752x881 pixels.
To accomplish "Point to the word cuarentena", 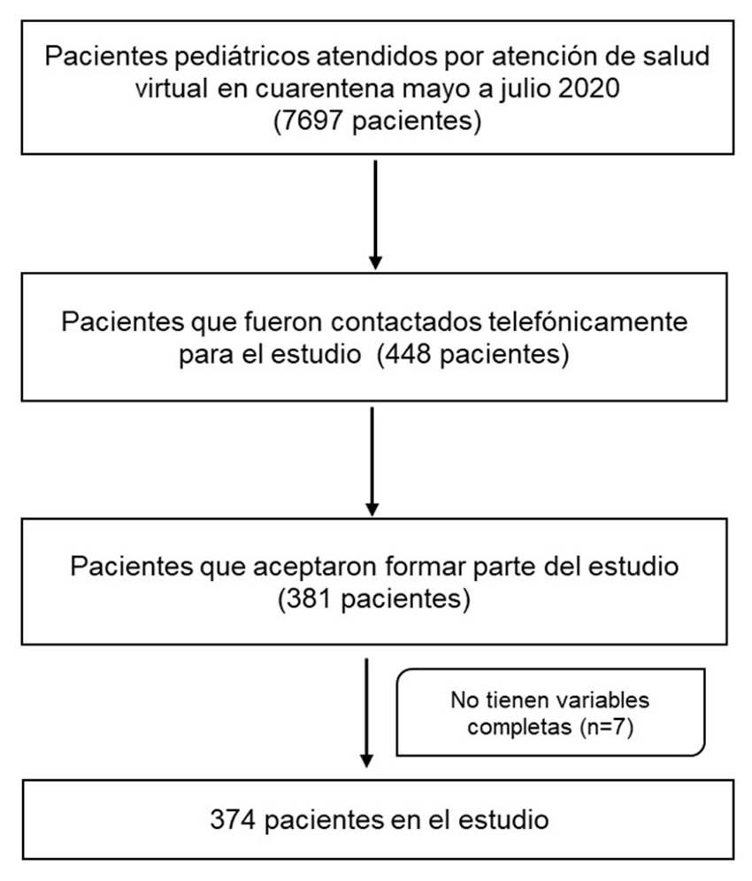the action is click(x=326, y=89).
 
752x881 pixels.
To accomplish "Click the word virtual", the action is click(x=171, y=89).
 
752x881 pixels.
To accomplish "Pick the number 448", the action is click(x=409, y=354).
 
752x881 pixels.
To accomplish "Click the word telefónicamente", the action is click(x=588, y=322).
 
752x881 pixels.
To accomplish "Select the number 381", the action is click(x=311, y=599).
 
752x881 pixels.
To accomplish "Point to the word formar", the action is click(x=426, y=567).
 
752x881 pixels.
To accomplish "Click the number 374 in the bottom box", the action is click(x=233, y=820).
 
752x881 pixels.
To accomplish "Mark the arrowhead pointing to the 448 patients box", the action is click(x=376, y=262).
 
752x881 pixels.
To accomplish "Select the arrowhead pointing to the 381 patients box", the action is click(x=372, y=508).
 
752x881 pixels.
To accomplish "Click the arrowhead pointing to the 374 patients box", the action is click(x=366, y=761).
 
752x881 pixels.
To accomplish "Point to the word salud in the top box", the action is click(x=677, y=56).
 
